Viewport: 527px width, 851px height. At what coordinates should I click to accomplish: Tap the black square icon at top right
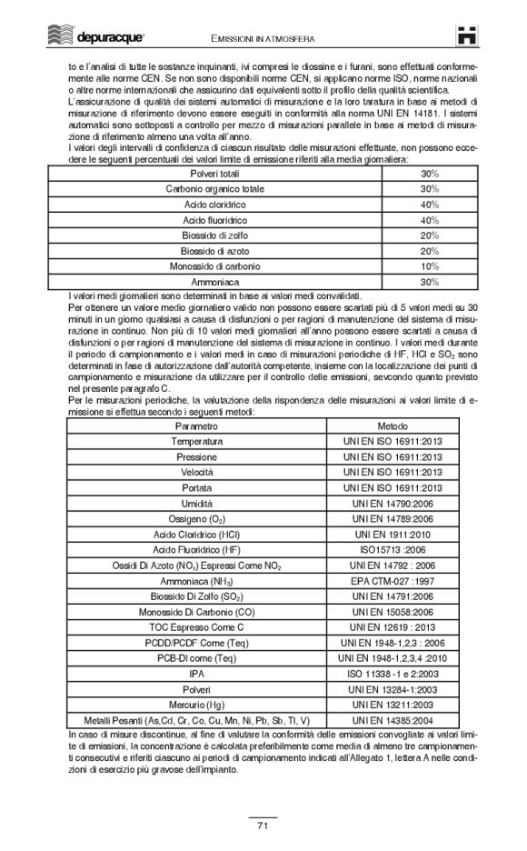tap(469, 34)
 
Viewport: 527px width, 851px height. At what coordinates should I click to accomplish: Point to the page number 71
tap(263, 826)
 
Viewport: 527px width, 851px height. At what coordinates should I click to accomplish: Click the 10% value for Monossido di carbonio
tap(430, 265)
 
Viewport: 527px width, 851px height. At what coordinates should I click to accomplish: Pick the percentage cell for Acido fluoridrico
tap(430, 219)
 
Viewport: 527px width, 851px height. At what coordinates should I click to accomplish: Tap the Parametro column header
tap(196, 425)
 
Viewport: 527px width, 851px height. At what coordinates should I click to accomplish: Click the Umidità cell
tap(196, 503)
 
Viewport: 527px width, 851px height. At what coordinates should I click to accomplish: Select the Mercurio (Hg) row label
tap(196, 704)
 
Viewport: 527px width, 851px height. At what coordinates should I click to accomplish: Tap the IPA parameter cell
tap(196, 673)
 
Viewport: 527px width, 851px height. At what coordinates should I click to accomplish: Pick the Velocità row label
tap(196, 472)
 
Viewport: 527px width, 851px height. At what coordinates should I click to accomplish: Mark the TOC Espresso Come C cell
tap(196, 626)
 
